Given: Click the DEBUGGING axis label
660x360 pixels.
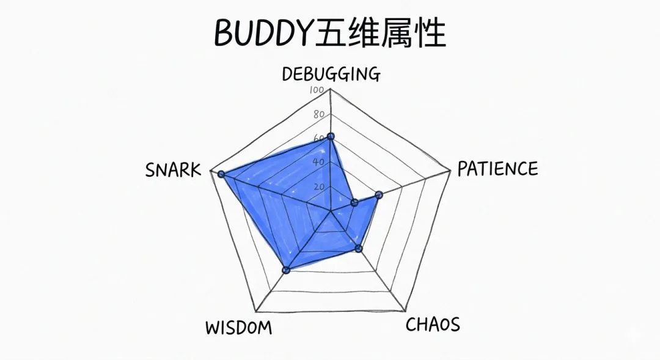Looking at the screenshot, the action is [331, 74].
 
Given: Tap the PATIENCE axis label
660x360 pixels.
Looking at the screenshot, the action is [497, 168].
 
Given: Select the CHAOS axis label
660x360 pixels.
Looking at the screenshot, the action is [433, 324].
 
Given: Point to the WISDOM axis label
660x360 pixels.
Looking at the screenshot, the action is [238, 328].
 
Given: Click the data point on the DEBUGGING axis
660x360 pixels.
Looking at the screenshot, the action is [331, 137].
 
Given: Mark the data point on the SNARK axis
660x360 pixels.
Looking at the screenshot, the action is [221, 175].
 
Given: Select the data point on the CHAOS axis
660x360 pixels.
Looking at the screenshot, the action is [359, 248].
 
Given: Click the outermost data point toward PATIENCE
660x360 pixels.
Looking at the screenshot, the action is [379, 195].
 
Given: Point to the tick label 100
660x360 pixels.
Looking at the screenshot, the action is [317, 90].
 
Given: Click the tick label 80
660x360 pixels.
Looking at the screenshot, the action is [318, 114].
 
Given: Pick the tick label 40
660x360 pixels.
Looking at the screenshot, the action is [318, 162].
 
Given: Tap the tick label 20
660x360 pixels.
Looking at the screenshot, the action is [318, 186].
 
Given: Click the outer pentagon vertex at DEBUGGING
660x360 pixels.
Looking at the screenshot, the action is [331, 89].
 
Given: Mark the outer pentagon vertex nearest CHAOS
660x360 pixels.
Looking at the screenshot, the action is [405, 310].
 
